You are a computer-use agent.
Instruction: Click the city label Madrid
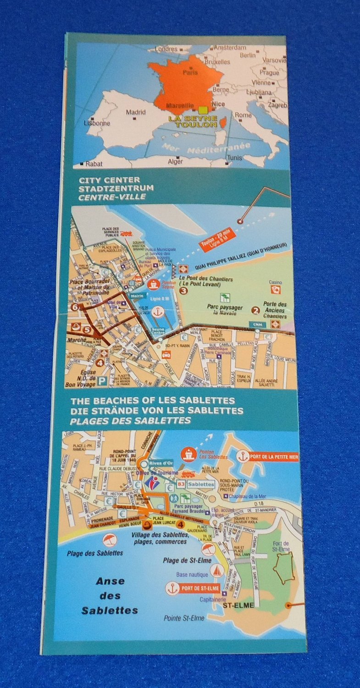click(136, 112)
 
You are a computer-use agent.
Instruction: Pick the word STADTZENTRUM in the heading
click(110, 189)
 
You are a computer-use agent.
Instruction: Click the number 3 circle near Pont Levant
click(183, 290)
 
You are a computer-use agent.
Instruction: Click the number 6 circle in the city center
click(74, 307)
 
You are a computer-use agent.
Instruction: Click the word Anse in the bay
click(110, 582)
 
